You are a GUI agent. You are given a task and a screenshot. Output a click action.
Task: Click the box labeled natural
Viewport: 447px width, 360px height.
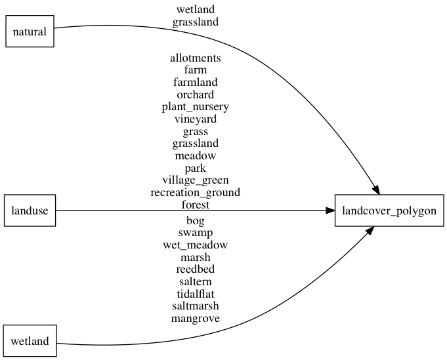(x=30, y=31)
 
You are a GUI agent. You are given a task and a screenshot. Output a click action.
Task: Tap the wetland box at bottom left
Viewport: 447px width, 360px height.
(x=30, y=341)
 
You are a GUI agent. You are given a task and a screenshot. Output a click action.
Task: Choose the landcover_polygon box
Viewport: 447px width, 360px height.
(x=389, y=210)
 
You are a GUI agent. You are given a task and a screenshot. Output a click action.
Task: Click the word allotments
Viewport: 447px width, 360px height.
(x=196, y=58)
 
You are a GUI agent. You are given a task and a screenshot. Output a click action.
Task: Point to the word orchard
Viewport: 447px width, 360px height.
(x=196, y=94)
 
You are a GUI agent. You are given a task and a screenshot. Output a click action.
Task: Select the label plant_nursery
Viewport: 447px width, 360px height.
(x=196, y=107)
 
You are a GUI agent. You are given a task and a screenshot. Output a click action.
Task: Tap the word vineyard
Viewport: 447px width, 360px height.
(x=196, y=119)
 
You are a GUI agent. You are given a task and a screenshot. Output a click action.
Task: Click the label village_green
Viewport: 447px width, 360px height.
(x=196, y=180)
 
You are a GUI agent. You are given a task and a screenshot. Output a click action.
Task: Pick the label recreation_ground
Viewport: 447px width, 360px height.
(x=196, y=193)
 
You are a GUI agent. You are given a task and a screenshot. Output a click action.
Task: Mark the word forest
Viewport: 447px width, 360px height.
(x=196, y=205)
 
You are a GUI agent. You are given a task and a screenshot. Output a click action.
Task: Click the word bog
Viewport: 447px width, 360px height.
(x=196, y=220)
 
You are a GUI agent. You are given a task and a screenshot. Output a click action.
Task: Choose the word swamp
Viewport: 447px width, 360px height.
(x=196, y=233)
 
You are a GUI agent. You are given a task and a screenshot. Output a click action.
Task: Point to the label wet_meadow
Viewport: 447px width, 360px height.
(x=196, y=245)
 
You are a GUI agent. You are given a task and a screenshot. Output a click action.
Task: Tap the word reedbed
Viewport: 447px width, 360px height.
(x=196, y=270)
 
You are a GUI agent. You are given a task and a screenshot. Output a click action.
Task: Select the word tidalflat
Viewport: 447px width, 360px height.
(x=196, y=294)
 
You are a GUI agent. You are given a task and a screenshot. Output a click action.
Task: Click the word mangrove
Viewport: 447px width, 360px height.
(x=196, y=319)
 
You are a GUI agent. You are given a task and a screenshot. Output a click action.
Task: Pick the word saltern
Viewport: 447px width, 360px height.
(x=196, y=282)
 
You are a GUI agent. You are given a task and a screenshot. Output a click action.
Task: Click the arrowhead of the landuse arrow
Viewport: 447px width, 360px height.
(x=330, y=210)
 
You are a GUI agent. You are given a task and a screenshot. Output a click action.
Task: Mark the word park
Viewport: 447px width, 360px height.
(x=196, y=169)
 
